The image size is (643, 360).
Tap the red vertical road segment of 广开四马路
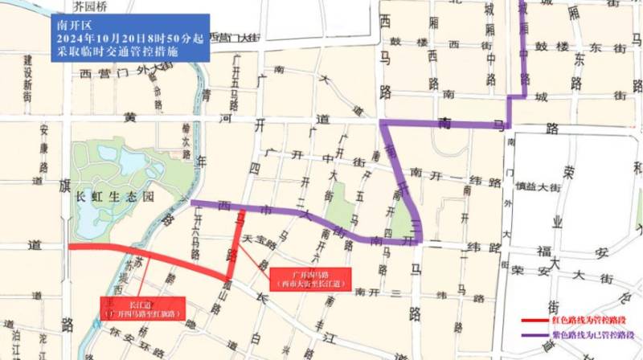[x=238, y=241]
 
